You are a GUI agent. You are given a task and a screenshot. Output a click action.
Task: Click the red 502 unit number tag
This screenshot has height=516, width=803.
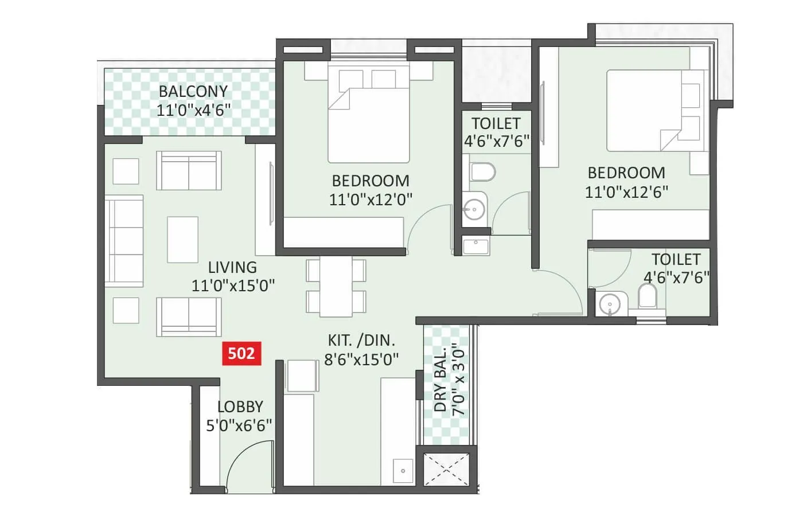tap(241, 353)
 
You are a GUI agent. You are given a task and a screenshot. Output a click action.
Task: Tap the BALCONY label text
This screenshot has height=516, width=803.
tap(193, 91)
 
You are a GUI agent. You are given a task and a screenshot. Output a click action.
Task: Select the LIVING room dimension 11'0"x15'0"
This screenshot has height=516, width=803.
tap(233, 285)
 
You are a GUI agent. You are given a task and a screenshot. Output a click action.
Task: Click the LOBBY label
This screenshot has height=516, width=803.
tap(240, 407)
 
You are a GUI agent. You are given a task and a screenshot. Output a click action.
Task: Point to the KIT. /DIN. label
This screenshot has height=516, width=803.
tap(361, 340)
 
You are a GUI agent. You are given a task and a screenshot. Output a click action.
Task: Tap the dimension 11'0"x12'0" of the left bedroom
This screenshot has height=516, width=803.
tap(371, 199)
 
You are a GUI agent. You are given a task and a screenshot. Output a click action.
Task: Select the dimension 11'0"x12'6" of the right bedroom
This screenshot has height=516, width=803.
tap(626, 191)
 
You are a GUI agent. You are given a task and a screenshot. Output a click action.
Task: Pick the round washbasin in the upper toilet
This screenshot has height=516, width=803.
tap(474, 209)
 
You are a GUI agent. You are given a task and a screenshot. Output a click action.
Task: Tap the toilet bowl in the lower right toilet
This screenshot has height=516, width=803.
tap(648, 297)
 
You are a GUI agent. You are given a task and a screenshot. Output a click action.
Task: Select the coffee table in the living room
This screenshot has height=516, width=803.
tap(182, 239)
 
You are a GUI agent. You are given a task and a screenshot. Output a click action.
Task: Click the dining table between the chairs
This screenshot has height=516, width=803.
tap(336, 286)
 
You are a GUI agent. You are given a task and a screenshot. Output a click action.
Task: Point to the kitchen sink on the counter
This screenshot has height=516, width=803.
tap(403, 471)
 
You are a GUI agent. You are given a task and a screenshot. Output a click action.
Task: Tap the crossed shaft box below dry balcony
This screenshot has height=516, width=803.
tap(446, 470)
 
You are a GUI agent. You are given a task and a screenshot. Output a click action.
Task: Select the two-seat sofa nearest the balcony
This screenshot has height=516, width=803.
tap(189, 170)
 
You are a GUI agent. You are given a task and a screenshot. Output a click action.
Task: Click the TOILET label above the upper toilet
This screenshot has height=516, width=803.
tap(496, 123)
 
